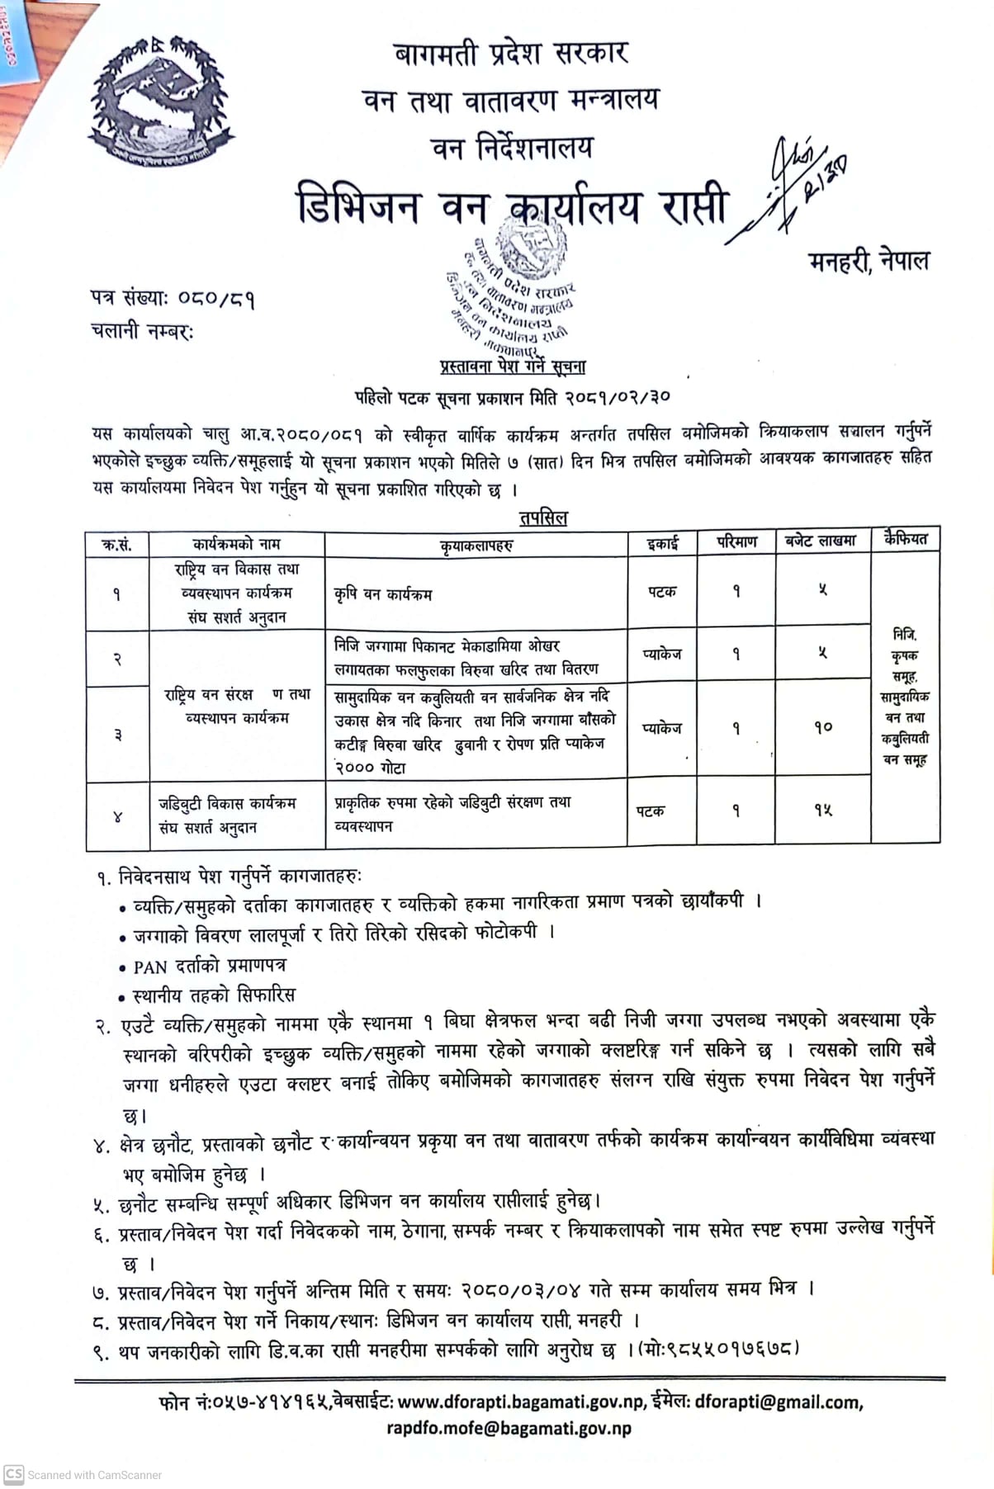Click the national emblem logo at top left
tap(161, 101)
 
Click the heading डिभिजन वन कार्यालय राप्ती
tap(512, 206)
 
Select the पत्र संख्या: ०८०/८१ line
tap(173, 297)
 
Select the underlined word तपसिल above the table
tap(543, 518)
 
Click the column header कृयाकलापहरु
tap(476, 545)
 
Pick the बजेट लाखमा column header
tap(821, 541)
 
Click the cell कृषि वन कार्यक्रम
tap(383, 593)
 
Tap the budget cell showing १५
tap(822, 811)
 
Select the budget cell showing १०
tap(822, 728)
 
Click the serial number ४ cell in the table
tap(117, 816)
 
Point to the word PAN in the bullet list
tap(151, 966)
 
